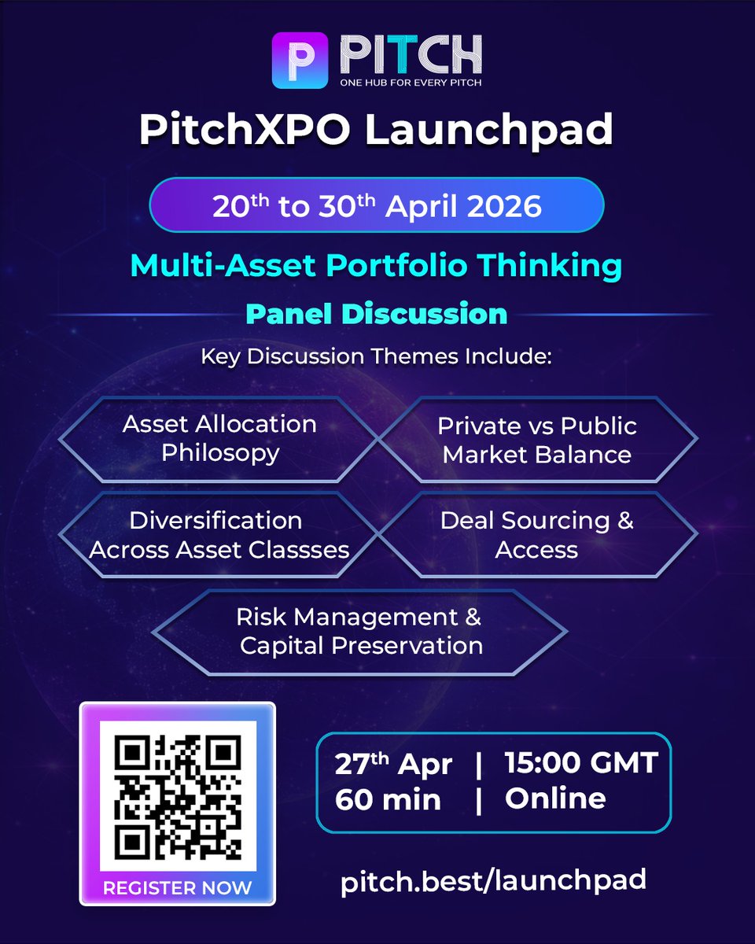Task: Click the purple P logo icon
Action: tap(299, 60)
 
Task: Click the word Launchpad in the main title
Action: tap(488, 131)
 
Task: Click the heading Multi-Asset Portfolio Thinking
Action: tap(376, 266)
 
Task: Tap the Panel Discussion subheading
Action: tap(376, 314)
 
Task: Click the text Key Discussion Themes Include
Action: tap(377, 356)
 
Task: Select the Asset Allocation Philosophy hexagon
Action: tap(219, 439)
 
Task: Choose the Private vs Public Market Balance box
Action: tap(537, 440)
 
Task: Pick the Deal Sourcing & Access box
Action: tap(537, 535)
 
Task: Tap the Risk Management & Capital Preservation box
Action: tap(360, 631)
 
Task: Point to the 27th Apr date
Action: tap(393, 764)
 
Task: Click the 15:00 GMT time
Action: tap(580, 762)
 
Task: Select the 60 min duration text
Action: tap(388, 799)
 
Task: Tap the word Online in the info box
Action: tap(555, 798)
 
